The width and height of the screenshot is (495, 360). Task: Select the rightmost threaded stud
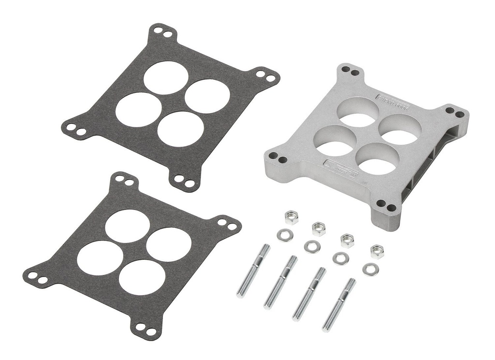339,305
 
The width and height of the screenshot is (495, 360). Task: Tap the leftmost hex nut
291,217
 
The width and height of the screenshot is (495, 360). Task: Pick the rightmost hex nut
378,252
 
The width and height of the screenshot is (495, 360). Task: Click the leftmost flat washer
285,235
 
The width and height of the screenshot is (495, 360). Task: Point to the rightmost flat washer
371,269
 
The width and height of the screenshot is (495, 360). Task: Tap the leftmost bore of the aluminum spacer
336,141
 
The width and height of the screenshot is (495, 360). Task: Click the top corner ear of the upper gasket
162,33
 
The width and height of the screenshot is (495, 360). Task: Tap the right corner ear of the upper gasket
265,76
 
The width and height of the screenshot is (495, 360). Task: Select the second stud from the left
280,282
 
